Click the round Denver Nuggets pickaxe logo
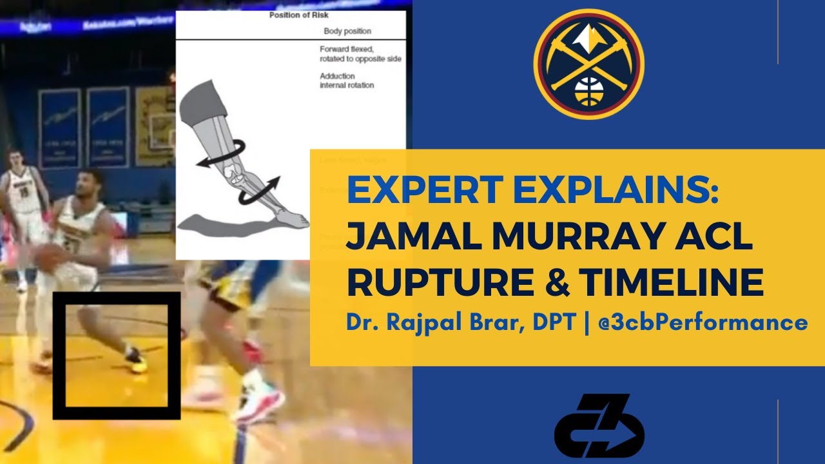(588, 64)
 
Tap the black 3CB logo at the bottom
(599, 425)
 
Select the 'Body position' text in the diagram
(347, 31)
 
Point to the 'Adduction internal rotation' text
(347, 81)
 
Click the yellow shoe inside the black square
(137, 360)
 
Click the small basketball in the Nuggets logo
(588, 91)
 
